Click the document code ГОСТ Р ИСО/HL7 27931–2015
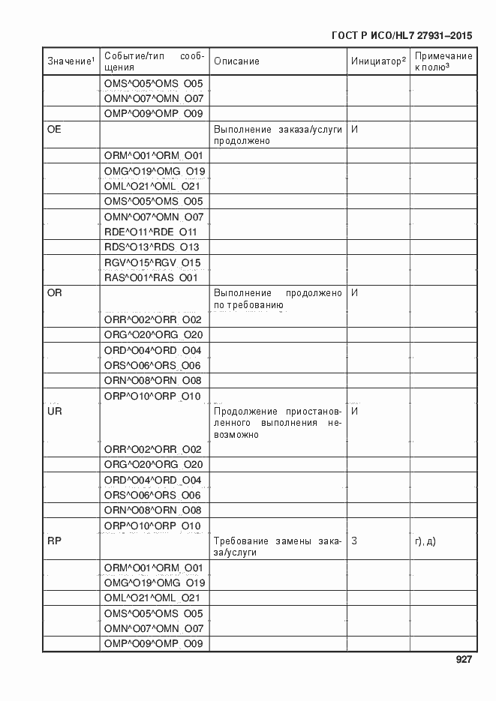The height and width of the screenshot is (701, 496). tap(401, 35)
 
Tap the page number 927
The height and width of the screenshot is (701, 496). tap(463, 661)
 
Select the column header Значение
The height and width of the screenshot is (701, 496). tap(71, 61)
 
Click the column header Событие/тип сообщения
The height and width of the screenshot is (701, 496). tap(154, 61)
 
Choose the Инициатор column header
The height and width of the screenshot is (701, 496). tap(378, 61)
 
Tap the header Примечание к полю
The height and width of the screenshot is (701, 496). tap(443, 61)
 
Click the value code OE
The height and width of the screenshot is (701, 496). tap(54, 129)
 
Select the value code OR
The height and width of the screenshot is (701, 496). tap(54, 292)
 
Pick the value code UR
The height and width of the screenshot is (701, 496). tap(54, 412)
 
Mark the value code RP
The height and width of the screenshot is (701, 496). tap(54, 541)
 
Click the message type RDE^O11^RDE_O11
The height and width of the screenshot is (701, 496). tap(150, 232)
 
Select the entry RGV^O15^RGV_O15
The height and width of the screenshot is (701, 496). tap(152, 262)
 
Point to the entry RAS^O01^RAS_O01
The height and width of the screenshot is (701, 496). tap(151, 277)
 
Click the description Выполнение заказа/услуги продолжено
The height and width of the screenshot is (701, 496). tap(278, 135)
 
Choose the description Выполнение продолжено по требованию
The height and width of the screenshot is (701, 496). tap(278, 298)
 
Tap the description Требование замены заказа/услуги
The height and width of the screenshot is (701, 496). tap(278, 546)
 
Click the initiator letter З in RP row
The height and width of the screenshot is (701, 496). tap(354, 541)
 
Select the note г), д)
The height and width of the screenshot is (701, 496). tap(425, 541)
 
